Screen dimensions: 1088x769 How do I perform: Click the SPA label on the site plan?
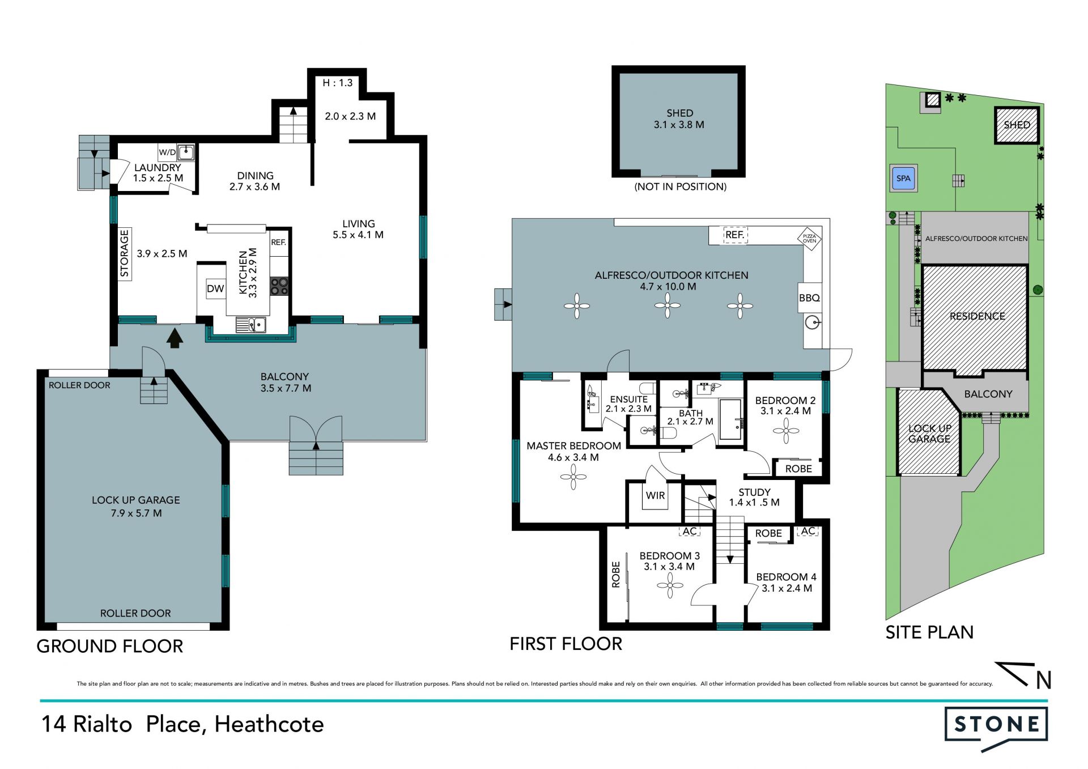903,179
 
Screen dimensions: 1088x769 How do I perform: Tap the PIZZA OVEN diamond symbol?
810,239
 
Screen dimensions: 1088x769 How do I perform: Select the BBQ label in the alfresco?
809,298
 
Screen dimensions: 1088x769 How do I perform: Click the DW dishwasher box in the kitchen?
215,288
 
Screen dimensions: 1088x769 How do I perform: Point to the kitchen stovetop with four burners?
279,286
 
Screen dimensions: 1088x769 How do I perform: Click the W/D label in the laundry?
167,152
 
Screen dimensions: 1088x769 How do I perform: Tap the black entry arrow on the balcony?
175,338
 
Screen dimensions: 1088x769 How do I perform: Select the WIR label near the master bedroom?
655,495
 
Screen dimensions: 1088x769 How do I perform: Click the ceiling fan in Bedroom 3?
670,585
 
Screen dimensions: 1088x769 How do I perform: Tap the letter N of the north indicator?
1044,680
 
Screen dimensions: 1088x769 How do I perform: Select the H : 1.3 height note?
338,83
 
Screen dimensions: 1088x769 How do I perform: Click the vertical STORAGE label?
125,253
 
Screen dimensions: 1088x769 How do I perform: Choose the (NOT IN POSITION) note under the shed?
680,186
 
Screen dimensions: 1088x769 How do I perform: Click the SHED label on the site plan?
1017,125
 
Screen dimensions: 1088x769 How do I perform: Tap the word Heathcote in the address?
269,724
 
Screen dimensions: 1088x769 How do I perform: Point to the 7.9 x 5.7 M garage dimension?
136,513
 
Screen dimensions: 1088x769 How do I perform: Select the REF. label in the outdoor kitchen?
735,235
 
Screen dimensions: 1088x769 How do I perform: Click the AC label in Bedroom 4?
808,531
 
